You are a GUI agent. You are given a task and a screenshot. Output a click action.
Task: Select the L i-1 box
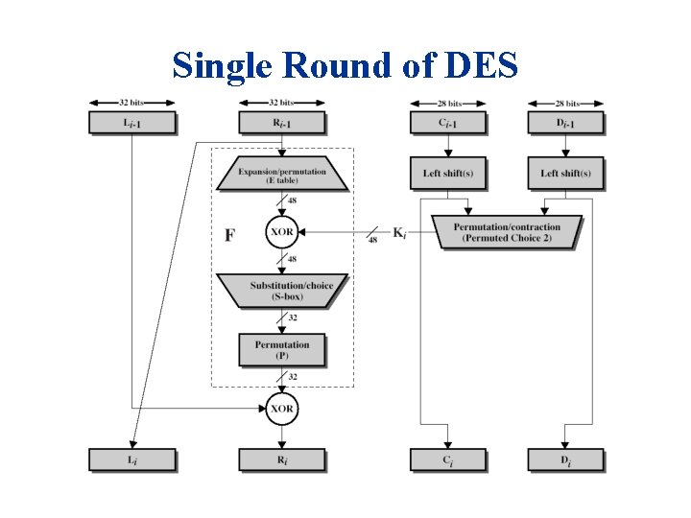[x=131, y=123]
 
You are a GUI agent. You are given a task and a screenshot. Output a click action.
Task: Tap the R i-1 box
[x=281, y=123]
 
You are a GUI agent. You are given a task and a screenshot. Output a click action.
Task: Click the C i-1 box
[x=447, y=123]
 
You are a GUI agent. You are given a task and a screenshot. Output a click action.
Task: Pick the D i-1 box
[x=565, y=123]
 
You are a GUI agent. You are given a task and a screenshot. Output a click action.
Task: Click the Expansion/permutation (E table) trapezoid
[x=282, y=174]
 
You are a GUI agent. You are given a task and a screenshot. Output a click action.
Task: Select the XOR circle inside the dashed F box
[x=282, y=231]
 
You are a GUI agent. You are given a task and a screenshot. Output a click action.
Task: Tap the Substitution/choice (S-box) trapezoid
[x=282, y=291]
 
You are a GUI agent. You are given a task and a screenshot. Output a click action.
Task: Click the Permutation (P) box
[x=282, y=349]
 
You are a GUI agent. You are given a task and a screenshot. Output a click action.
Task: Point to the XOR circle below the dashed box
[x=282, y=408]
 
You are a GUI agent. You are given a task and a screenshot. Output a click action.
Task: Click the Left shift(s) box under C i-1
[x=447, y=173]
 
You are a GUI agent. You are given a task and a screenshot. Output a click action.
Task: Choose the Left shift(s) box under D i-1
[x=565, y=173]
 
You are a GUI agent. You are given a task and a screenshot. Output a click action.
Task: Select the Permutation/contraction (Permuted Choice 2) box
[x=507, y=231]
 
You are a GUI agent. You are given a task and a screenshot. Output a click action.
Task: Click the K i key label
[x=399, y=231]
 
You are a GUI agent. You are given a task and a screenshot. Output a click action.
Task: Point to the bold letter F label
[x=229, y=234]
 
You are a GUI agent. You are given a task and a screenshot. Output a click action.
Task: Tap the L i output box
[x=131, y=459]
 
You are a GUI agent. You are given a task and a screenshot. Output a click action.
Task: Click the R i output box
[x=281, y=459]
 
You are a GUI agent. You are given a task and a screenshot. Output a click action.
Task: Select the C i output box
[x=447, y=459]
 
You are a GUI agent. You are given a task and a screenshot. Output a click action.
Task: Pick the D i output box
[x=565, y=459]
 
